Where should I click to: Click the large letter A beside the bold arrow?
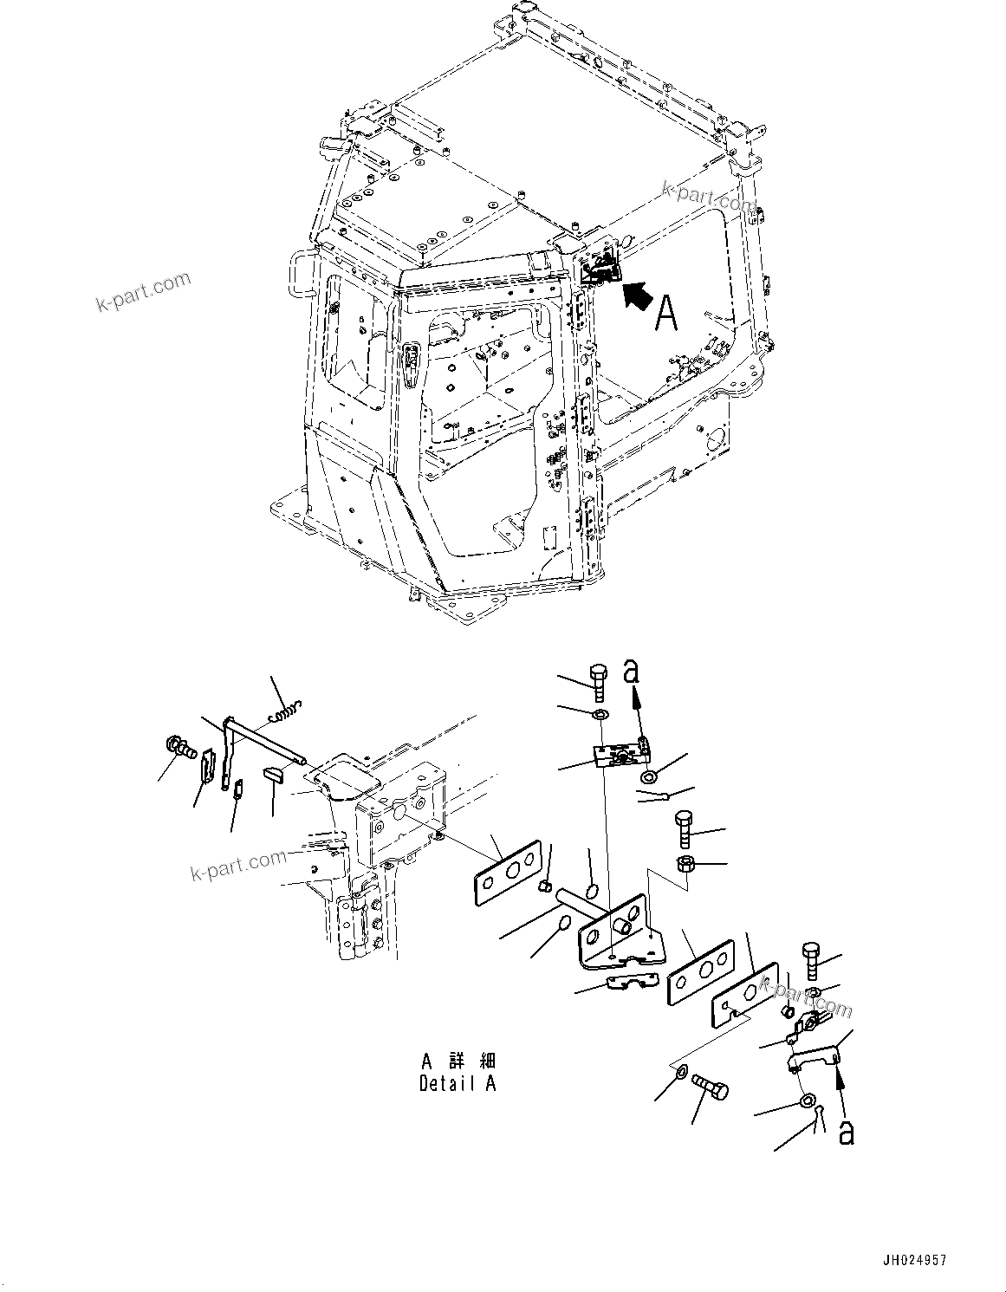click(x=665, y=312)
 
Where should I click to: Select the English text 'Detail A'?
click(x=458, y=1083)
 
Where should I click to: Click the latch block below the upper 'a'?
click(x=621, y=754)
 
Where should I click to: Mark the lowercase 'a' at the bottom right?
click(x=846, y=1132)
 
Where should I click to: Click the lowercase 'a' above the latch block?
click(x=633, y=673)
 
